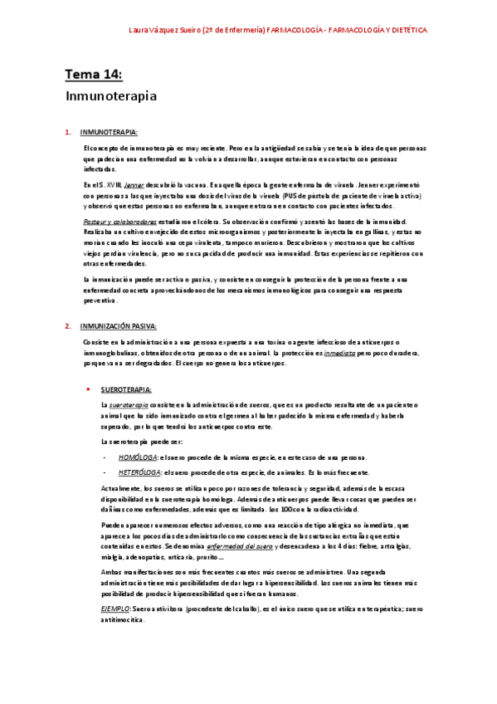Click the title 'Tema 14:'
pos(93,76)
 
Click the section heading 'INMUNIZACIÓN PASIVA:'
pos(121,326)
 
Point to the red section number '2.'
pos(68,326)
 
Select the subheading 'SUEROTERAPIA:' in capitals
pos(126,389)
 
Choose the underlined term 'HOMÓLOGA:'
pos(137,457)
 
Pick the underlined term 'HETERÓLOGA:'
pos(138,472)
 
